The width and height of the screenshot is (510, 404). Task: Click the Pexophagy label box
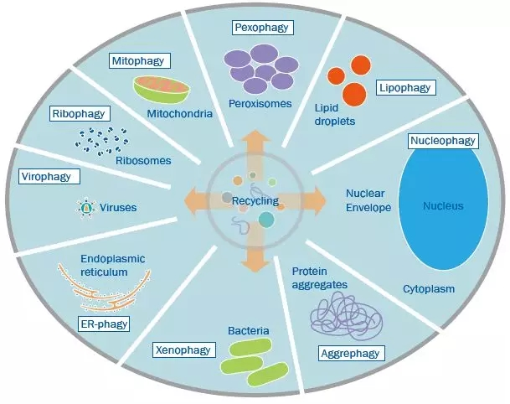click(261, 28)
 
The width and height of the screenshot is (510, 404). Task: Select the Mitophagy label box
click(139, 60)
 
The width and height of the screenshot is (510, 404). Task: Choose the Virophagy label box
click(50, 176)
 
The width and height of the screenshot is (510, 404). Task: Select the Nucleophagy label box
click(442, 140)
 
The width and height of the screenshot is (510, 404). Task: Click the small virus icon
click(85, 206)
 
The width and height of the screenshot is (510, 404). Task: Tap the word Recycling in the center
click(255, 202)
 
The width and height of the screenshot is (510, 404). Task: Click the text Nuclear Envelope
click(368, 199)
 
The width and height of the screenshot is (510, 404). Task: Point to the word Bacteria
click(248, 332)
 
